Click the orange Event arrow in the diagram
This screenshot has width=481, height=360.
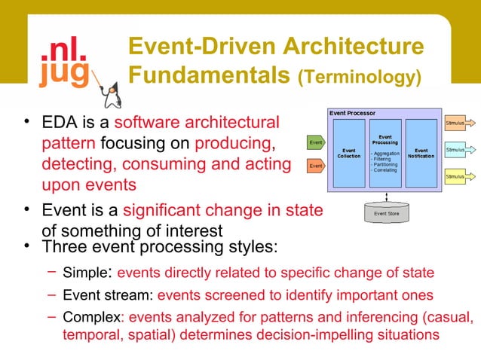(x=317, y=164)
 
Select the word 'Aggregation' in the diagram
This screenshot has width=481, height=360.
(x=387, y=153)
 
